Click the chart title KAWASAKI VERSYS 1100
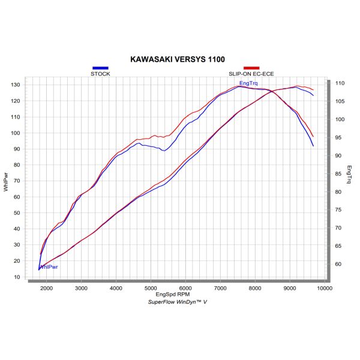coord(178,60)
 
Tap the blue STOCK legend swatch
coord(100,68)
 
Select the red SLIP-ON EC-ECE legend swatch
coord(251,68)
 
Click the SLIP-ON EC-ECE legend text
coord(251,74)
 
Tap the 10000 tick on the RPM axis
coord(325,288)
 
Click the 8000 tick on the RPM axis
coord(255,288)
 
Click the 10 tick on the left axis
coord(17,277)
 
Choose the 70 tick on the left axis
coord(17,181)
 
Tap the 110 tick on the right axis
coord(340,83)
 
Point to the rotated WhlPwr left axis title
coord(6,181)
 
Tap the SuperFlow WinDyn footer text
coord(177,302)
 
